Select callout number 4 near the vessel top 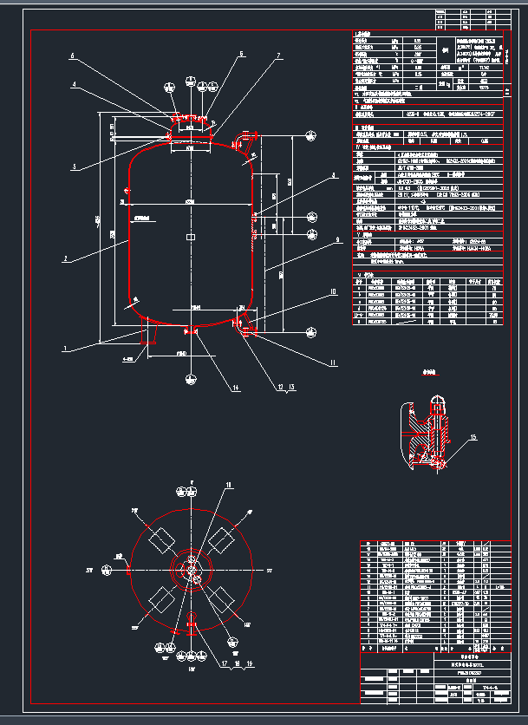tap(75, 85)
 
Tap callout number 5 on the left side tap(75, 167)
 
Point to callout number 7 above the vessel tap(278, 56)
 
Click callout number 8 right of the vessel tap(332, 176)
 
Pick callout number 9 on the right tap(336, 238)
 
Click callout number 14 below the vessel tap(235, 389)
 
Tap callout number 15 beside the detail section tap(473, 437)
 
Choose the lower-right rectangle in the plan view tap(223, 599)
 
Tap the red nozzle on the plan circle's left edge tap(128, 570)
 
